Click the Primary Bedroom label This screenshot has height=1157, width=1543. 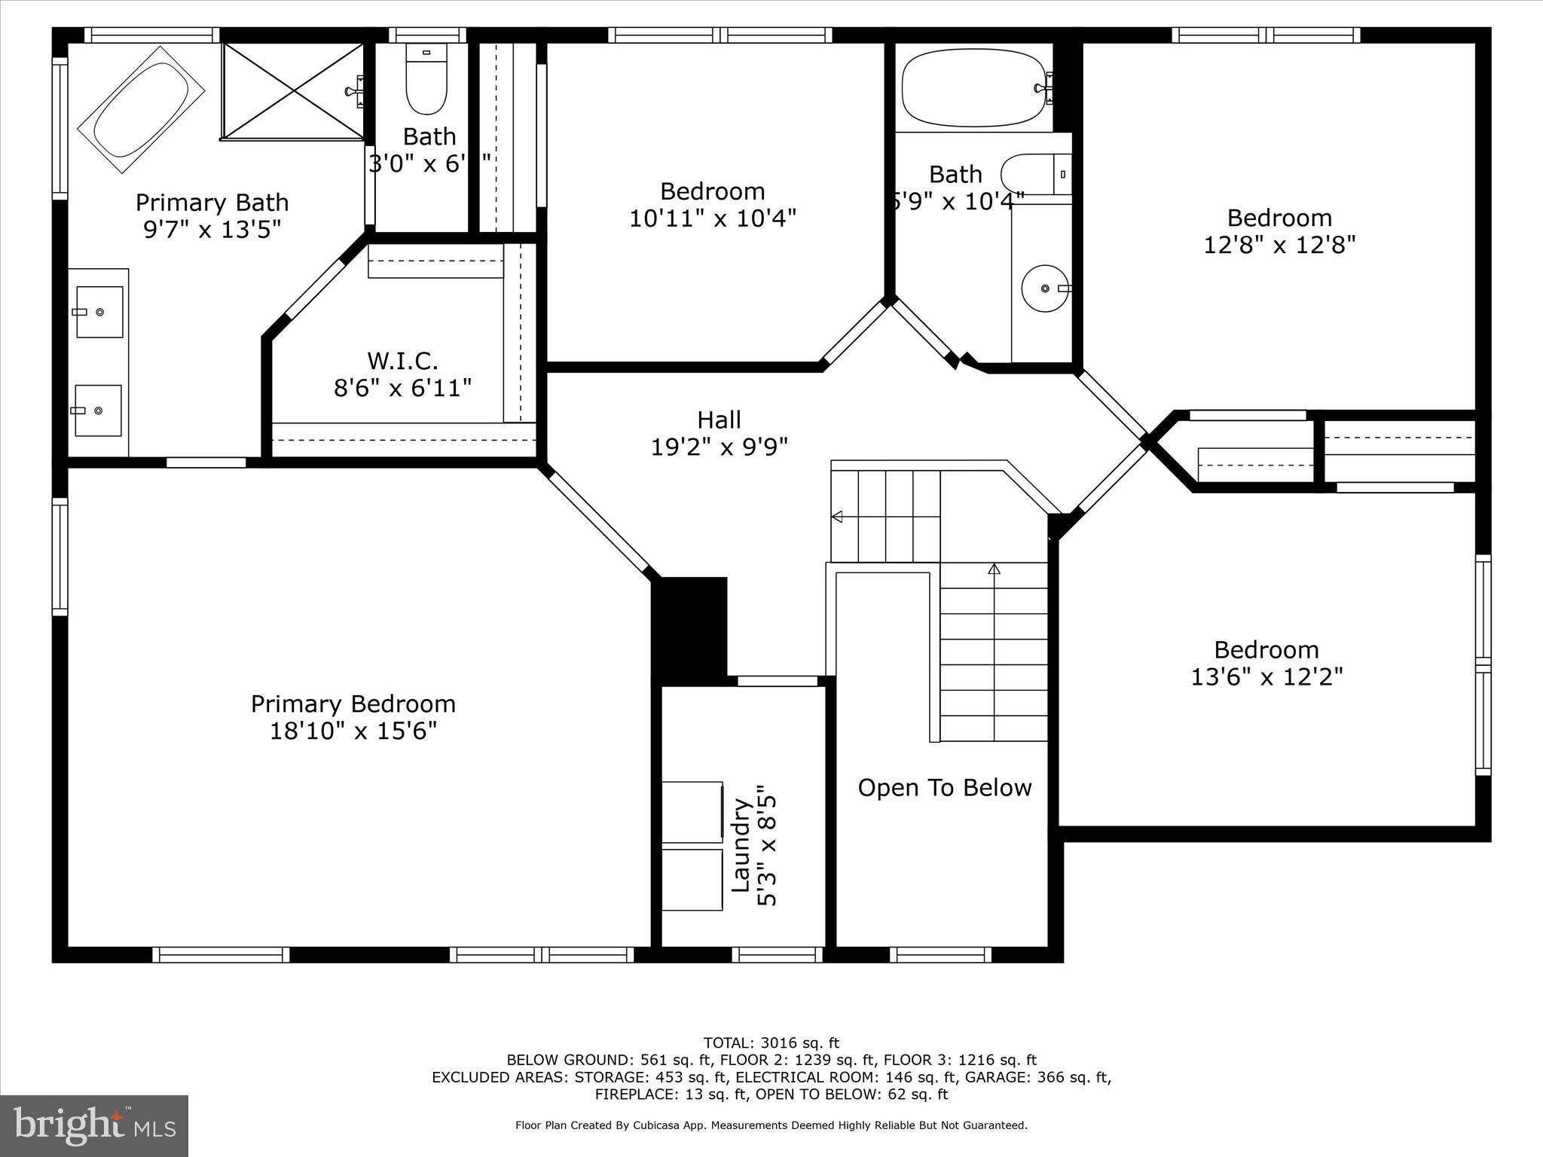tap(353, 704)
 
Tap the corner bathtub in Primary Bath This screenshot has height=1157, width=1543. tap(142, 110)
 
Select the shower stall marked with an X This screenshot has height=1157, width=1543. tap(293, 91)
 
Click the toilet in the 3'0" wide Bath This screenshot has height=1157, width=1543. tap(426, 80)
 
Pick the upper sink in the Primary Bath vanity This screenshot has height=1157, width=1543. tap(99, 312)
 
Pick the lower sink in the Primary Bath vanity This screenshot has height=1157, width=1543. tap(98, 411)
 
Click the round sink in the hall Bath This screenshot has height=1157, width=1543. tap(1045, 288)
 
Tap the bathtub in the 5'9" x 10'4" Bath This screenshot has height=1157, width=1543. tap(974, 87)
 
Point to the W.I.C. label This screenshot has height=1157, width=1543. tap(402, 360)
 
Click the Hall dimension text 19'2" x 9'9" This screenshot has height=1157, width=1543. tap(719, 447)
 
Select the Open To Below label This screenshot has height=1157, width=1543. tap(944, 788)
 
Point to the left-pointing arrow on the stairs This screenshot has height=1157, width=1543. tap(837, 517)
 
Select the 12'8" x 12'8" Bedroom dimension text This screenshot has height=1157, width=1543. tap(1279, 246)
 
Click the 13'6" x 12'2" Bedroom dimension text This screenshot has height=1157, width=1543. tap(1266, 677)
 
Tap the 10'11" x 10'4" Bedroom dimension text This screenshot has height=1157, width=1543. tap(713, 218)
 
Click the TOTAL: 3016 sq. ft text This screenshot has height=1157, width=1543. tap(771, 1043)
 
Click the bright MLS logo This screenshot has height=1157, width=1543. tap(94, 1125)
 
